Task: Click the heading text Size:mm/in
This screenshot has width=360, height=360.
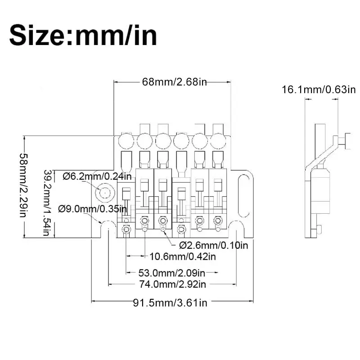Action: tap(83, 36)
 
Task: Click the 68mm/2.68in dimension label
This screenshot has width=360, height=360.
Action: tap(175, 82)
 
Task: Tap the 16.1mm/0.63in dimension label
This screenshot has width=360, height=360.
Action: tap(319, 90)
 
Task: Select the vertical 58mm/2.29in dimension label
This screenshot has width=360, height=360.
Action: tap(23, 185)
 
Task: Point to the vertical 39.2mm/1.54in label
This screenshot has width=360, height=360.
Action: tap(48, 203)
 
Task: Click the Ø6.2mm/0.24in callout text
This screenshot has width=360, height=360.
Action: tap(97, 176)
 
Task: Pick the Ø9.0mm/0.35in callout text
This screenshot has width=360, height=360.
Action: tap(92, 209)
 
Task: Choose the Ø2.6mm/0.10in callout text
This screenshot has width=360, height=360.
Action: tap(213, 245)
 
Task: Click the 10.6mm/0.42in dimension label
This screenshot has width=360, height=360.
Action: tap(183, 256)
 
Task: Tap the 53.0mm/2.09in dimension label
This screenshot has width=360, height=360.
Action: tap(172, 273)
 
